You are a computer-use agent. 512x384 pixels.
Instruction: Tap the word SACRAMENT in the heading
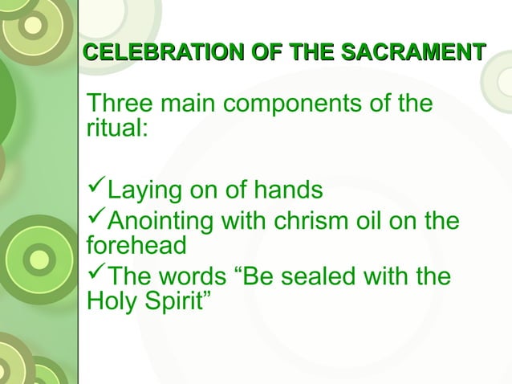pyautogui.click(x=413, y=54)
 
